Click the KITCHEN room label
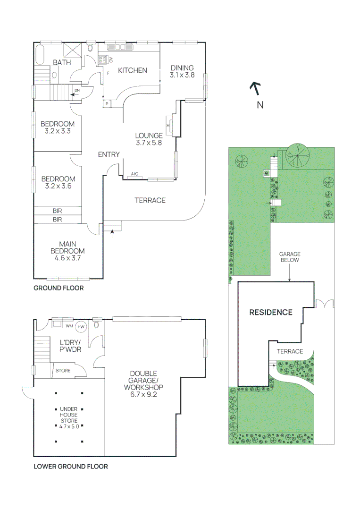132,70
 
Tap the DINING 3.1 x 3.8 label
182,71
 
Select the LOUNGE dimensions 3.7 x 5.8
149,143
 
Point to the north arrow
256,88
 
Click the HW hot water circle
81,327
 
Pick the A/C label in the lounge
134,174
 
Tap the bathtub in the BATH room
39,55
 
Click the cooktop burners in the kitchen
103,59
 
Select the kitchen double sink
120,47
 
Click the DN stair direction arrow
75,94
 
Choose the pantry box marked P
107,104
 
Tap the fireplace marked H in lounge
169,125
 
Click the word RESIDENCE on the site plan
271,312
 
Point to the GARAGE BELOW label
290,257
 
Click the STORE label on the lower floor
63,371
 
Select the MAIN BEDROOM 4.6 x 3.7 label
67,251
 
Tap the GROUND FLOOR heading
59,288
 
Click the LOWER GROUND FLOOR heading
71,467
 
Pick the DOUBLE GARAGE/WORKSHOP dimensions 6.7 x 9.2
143,394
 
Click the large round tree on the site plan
297,155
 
